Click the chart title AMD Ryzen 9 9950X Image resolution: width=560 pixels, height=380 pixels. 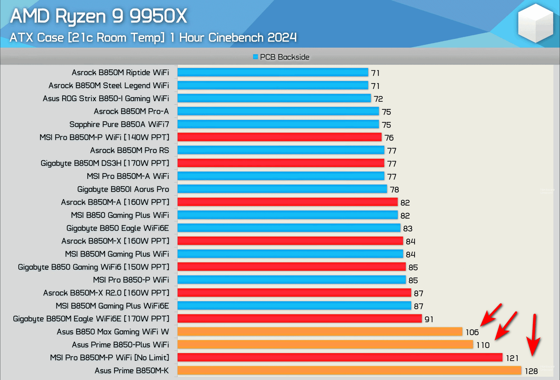(x=98, y=16)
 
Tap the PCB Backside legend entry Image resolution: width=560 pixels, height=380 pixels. (x=281, y=57)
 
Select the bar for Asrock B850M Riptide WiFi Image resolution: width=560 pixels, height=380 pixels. (x=273, y=72)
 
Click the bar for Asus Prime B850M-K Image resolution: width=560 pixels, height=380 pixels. (x=349, y=371)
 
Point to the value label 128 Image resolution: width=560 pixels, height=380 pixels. (x=531, y=371)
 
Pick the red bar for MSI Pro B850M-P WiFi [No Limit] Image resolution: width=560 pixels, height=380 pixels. (x=340, y=357)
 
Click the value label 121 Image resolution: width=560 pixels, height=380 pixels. (x=512, y=358)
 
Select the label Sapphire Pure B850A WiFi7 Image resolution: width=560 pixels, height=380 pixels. (x=119, y=124)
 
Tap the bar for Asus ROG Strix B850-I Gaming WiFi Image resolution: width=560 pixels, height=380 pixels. (x=274, y=98)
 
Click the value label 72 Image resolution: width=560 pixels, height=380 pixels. (x=378, y=99)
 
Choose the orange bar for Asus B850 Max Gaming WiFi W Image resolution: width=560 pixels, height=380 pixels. (x=320, y=332)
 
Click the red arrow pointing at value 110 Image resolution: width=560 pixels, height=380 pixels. (x=506, y=325)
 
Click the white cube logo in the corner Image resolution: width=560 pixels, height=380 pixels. (x=536, y=23)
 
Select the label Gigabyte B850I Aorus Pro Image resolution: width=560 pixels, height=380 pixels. (x=123, y=189)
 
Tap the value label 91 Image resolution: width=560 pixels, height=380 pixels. (x=429, y=319)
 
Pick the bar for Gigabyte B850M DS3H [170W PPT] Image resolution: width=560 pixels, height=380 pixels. (x=281, y=163)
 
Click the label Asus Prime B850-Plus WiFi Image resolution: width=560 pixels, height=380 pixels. (x=120, y=345)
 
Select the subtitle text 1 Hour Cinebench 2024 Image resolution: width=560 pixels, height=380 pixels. (x=233, y=38)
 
